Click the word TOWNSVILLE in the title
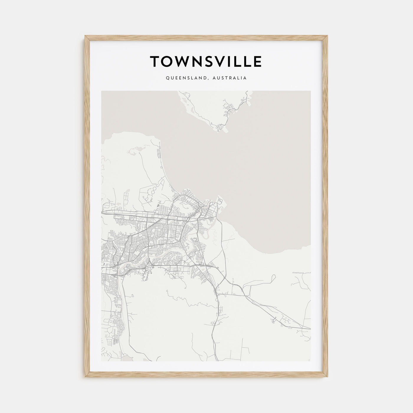206,61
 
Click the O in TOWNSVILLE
169,61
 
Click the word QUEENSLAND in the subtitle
182,78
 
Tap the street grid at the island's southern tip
220,127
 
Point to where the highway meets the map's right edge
310,328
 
